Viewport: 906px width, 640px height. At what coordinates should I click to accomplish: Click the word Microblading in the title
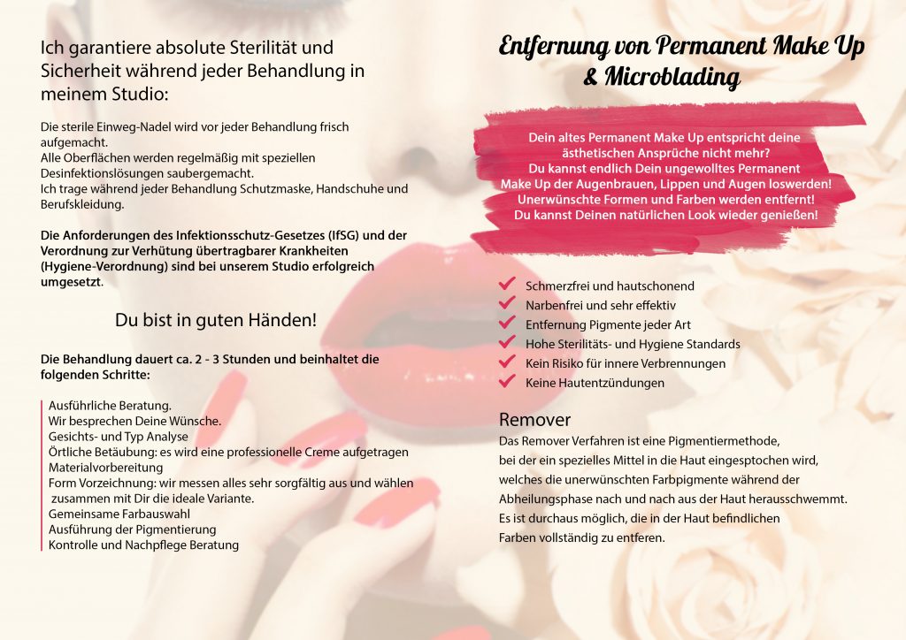tap(672, 78)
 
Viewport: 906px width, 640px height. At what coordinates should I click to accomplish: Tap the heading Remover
tap(535, 419)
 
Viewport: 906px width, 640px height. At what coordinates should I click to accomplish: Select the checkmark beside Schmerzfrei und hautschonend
tap(507, 285)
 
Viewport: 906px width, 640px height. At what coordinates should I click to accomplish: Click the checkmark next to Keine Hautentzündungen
tap(507, 382)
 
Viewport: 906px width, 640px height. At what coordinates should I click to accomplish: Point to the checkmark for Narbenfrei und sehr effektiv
tap(507, 304)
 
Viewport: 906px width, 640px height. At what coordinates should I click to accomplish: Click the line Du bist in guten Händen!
tap(215, 320)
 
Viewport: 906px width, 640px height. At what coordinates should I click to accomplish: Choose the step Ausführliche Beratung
tap(110, 404)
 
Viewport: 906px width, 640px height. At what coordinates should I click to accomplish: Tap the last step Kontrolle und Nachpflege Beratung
tap(143, 545)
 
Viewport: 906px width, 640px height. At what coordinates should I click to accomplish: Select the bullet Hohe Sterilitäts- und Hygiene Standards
tap(633, 344)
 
